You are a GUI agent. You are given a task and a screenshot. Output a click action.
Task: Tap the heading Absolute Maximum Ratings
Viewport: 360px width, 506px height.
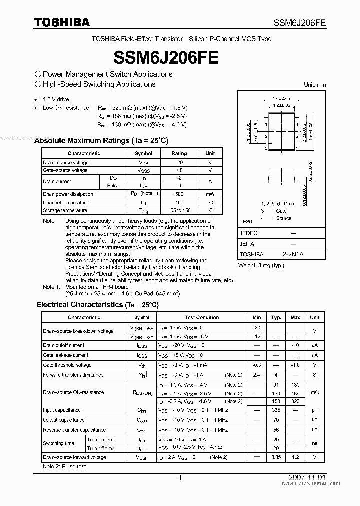(x=101, y=141)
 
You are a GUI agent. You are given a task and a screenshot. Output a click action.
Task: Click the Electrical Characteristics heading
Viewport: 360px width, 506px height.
(x=97, y=304)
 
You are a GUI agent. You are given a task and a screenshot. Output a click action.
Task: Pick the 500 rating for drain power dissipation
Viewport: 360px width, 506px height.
(x=179, y=194)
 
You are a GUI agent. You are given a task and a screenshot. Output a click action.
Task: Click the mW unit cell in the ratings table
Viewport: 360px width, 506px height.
(x=210, y=194)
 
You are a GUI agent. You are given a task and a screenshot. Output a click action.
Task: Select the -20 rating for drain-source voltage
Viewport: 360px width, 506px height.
(x=179, y=163)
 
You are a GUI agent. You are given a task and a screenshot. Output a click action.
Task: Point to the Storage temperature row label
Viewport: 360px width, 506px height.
(x=65, y=211)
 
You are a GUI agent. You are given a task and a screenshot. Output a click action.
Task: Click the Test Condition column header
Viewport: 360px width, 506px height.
(x=201, y=317)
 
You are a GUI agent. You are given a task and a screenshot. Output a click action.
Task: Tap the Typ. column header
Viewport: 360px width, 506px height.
(x=276, y=317)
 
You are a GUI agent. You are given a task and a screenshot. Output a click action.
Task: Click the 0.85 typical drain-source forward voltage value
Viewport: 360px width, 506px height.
(x=276, y=457)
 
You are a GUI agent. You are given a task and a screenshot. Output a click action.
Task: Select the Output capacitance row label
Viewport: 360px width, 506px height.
(x=64, y=420)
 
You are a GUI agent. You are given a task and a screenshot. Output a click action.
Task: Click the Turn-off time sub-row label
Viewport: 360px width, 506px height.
(x=101, y=448)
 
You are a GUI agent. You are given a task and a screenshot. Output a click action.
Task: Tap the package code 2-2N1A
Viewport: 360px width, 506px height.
(x=293, y=254)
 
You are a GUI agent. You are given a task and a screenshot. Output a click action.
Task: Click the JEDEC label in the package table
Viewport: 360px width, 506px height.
(x=249, y=233)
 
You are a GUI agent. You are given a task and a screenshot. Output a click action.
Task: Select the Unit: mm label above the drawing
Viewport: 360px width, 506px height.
(x=315, y=85)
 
